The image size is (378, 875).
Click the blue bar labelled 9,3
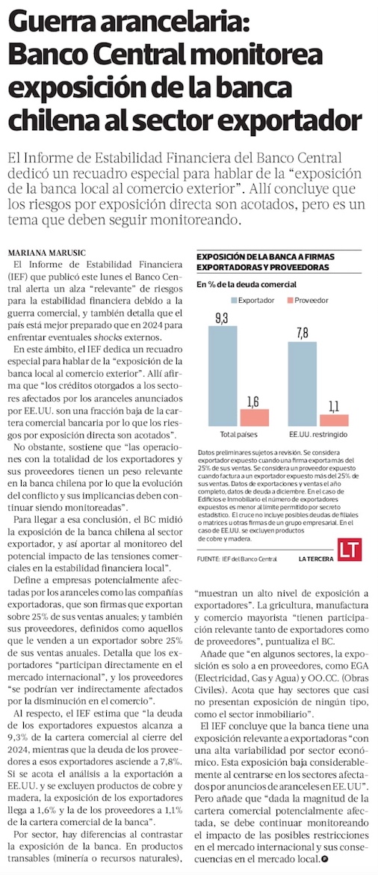click(223, 377)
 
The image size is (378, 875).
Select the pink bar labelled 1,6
click(254, 418)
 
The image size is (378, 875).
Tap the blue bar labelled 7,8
click(303, 384)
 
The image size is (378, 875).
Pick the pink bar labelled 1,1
click(334, 421)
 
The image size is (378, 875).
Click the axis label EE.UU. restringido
click(318, 435)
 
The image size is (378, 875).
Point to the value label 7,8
click(303, 334)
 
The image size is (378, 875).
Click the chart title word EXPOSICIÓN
click(219, 257)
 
